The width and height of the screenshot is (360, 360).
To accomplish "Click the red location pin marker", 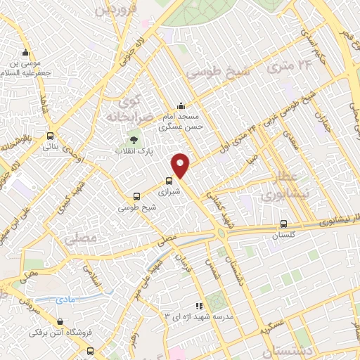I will pyautogui.click(x=181, y=165).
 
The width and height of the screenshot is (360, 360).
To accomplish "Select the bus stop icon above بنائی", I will pyautogui.click(x=50, y=136).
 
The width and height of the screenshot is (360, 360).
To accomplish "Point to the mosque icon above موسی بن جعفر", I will pyautogui.click(x=26, y=53).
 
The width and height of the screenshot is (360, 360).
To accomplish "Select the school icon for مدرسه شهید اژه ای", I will pyautogui.click(x=198, y=306).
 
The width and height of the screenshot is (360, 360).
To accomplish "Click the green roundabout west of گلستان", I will pyautogui.click(x=224, y=234).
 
